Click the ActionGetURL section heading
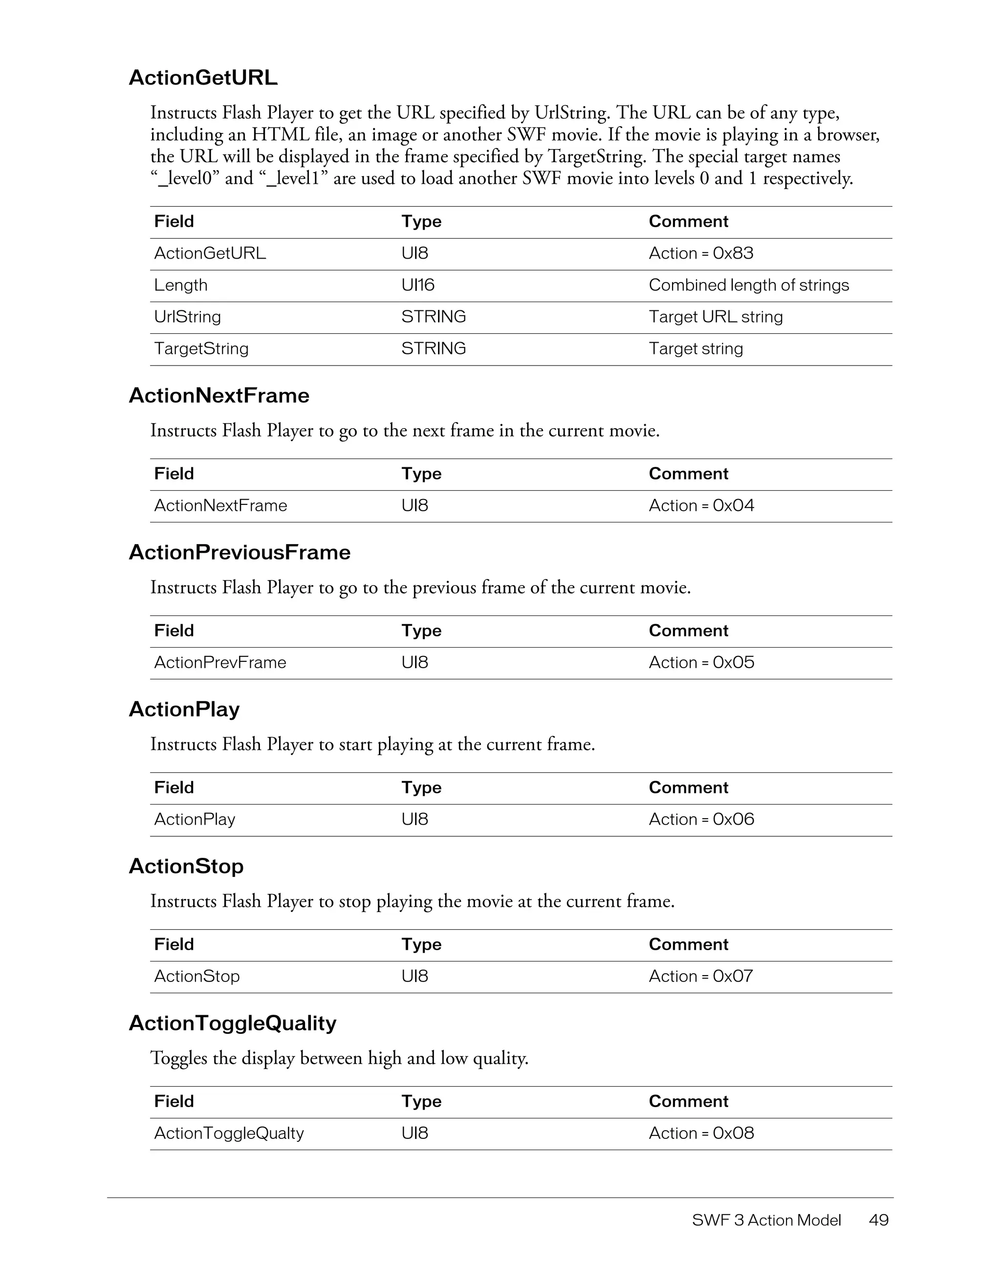tap(203, 78)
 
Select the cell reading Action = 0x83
tap(700, 253)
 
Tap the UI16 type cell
tap(418, 285)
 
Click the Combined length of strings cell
tap(748, 285)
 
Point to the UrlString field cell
tap(187, 317)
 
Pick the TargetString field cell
tap(201, 349)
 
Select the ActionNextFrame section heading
tap(218, 395)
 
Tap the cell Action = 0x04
tap(701, 505)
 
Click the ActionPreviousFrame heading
tap(239, 552)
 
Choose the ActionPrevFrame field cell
tap(220, 662)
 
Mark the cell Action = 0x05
tap(701, 662)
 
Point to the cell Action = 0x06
tap(701, 819)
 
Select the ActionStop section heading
tap(186, 866)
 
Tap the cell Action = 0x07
tap(700, 976)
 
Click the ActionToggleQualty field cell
tap(229, 1133)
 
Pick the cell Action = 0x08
tap(701, 1133)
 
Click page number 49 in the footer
tap(878, 1220)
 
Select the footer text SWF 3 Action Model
tap(766, 1220)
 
